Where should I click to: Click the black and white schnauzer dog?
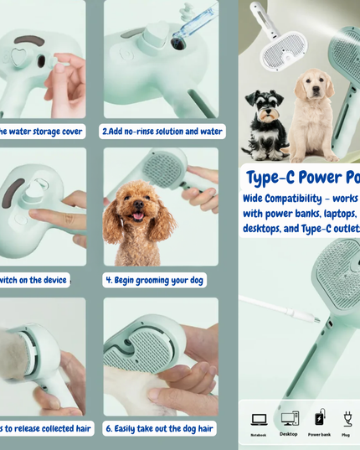click(x=265, y=123)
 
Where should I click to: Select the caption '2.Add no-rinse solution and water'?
click(x=162, y=132)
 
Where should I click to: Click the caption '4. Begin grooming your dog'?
click(x=155, y=281)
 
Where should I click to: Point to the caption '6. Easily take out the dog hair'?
click(x=159, y=428)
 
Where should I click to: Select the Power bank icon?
click(x=320, y=418)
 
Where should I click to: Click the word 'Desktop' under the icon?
click(x=289, y=434)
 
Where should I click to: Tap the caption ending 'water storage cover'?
click(x=42, y=132)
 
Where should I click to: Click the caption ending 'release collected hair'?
click(x=45, y=428)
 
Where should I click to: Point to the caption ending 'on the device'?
click(x=33, y=281)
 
